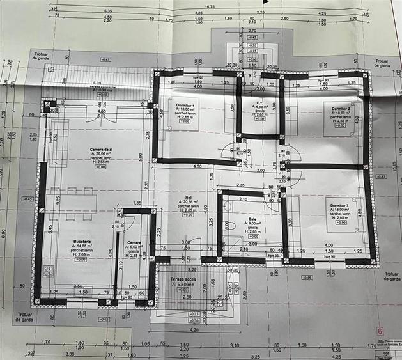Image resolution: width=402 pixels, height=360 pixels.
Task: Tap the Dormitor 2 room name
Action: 340,109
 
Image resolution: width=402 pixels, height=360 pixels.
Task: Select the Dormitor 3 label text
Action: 339,205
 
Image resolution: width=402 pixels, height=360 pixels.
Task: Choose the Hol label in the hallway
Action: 188,198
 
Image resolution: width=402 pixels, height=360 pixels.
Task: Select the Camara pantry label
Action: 134,242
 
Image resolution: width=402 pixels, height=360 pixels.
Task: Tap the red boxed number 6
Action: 380,331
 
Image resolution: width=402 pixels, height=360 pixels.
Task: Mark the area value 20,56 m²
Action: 188,202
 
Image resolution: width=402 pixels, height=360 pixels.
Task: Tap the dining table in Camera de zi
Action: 72,203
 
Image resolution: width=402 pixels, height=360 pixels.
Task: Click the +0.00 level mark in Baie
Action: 253,236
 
